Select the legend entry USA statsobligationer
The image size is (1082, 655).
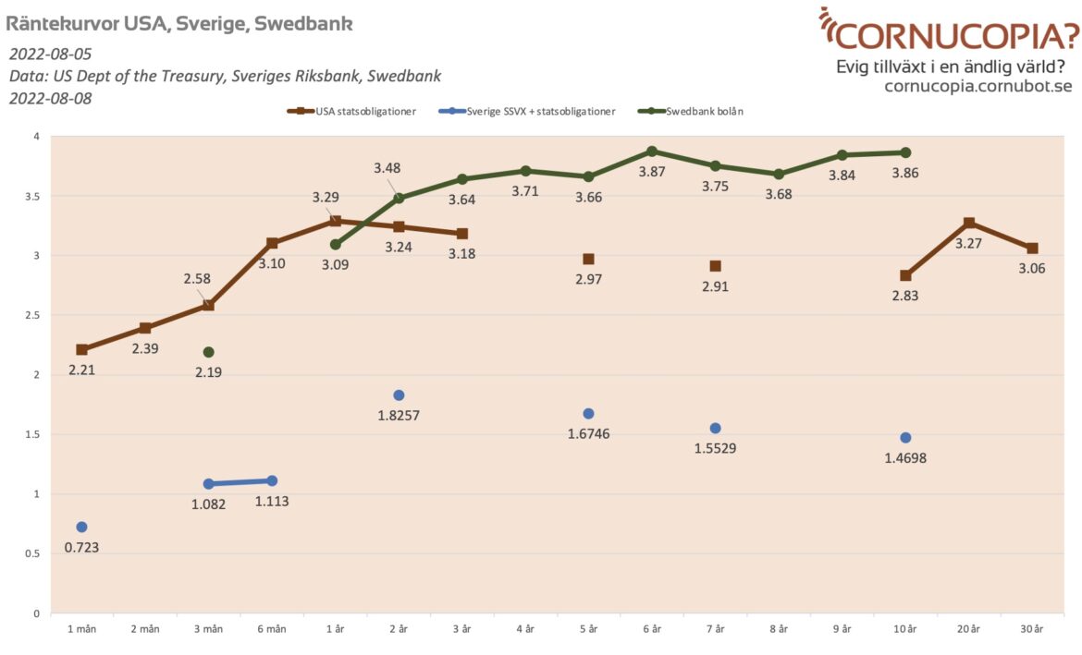coord(358,112)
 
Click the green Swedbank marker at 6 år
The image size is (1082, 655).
coord(652,152)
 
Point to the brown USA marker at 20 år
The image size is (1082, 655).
coord(968,223)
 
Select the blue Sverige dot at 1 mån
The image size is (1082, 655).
coord(81,527)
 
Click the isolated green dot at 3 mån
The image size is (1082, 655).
coord(209,352)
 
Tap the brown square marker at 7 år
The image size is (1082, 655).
coord(715,266)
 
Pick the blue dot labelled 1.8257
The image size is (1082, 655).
coord(399,395)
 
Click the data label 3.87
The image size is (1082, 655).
coord(652,172)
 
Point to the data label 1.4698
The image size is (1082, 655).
coord(905,457)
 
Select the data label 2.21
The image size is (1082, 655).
coord(81,370)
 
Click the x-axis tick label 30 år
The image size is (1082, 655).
coord(1032,629)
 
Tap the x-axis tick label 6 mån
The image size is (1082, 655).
coord(272,629)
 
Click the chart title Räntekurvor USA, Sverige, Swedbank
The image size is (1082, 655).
coord(179,23)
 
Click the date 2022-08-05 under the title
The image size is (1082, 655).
coord(51,54)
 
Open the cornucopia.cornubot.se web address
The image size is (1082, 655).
coord(977,86)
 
